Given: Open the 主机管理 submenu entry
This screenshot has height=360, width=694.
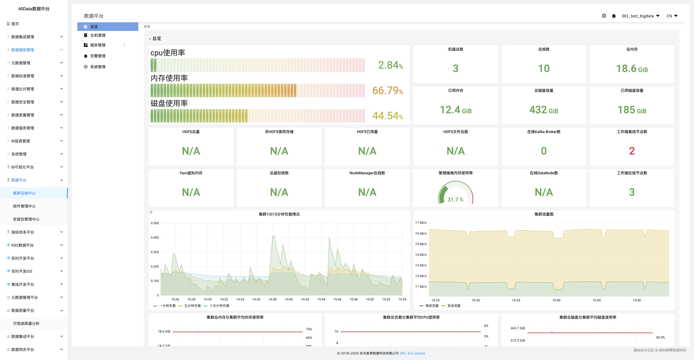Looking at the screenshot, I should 97,35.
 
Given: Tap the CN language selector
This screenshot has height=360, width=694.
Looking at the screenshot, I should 672,16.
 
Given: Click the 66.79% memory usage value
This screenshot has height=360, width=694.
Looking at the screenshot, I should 387,90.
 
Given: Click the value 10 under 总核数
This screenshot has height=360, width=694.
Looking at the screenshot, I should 544,69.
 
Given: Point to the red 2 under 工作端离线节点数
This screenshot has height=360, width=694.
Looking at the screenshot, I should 632,151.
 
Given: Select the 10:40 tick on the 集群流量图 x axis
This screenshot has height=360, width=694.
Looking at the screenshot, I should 556,300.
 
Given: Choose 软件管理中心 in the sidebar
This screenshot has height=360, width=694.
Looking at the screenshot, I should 24,206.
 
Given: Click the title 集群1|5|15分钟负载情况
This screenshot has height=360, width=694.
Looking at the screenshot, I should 279,214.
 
